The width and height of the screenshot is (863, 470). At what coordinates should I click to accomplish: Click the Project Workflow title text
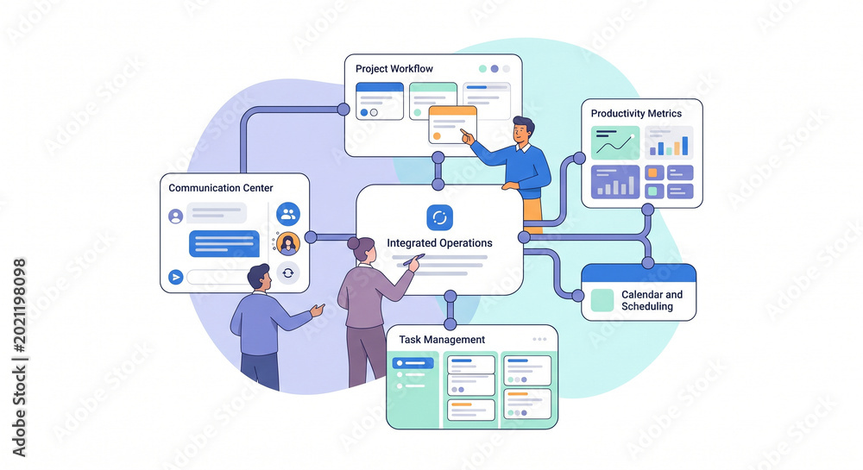point(394,69)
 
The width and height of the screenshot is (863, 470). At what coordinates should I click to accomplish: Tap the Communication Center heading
point(221,188)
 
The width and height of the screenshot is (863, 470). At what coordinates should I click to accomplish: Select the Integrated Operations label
point(440,243)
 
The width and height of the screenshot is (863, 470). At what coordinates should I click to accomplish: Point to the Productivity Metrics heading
point(636,113)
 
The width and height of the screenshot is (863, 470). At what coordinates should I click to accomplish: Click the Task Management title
point(442,340)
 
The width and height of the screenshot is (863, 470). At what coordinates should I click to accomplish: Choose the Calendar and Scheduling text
point(652,300)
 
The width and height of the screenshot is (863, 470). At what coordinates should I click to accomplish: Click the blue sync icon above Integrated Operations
point(440,217)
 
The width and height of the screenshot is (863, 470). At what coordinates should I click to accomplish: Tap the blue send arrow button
point(175,277)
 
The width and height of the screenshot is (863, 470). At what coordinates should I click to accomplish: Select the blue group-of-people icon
point(288,215)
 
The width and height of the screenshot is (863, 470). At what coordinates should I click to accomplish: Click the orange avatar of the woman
point(288,243)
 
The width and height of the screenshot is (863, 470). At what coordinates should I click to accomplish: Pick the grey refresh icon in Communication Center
point(288,273)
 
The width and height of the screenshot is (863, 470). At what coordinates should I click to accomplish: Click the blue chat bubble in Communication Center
point(224,243)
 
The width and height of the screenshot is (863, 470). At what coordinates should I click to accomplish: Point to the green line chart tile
point(615,143)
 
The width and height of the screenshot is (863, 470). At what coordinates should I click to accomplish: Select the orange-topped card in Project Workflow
point(452,125)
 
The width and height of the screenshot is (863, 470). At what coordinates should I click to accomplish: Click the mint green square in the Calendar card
point(602,300)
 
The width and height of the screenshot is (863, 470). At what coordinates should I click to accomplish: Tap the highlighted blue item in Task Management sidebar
point(413,363)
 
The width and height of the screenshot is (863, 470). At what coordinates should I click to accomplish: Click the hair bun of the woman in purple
point(353,243)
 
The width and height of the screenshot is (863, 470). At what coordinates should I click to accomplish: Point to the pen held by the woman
point(414,260)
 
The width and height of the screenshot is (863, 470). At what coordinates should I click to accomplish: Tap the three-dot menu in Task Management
point(539,340)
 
